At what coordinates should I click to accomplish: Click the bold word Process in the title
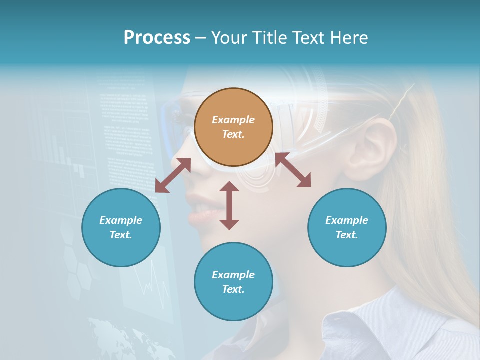tap(157, 38)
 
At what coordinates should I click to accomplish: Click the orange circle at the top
tap(233, 127)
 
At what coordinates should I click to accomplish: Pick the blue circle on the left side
tap(121, 227)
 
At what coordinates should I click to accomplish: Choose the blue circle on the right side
tap(347, 227)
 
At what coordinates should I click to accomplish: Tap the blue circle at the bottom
tap(233, 282)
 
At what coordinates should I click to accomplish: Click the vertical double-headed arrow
tap(229, 205)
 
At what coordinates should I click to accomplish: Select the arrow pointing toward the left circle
tap(173, 175)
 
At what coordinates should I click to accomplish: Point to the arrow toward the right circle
tap(293, 170)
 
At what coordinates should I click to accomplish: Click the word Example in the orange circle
tap(233, 120)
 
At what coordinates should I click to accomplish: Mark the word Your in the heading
tap(229, 38)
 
